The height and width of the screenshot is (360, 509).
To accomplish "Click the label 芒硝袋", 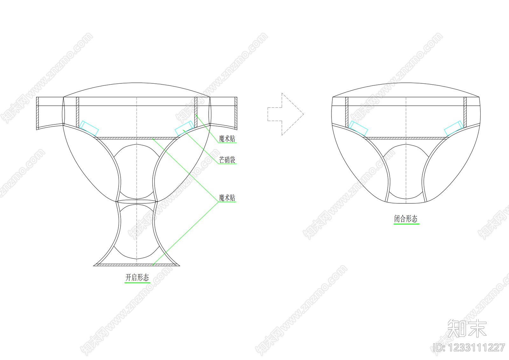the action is pos(227,160).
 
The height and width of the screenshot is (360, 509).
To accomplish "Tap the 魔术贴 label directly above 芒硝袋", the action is pos(227,138).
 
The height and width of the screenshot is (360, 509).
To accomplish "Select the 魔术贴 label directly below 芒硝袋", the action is pos(227,198).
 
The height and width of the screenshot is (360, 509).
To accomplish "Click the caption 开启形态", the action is pos(137,277).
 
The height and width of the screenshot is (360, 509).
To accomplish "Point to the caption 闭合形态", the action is pos(406,219).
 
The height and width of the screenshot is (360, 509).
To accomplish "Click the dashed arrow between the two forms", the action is pos(286,114).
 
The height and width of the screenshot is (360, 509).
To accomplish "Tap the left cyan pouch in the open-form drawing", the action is pos(89,129).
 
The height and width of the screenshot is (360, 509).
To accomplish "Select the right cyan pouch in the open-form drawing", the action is pos(185,129).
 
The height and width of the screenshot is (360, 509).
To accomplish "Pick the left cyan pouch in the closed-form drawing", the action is pos(358,129).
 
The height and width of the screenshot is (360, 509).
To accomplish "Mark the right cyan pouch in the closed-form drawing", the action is pos(454,129).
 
